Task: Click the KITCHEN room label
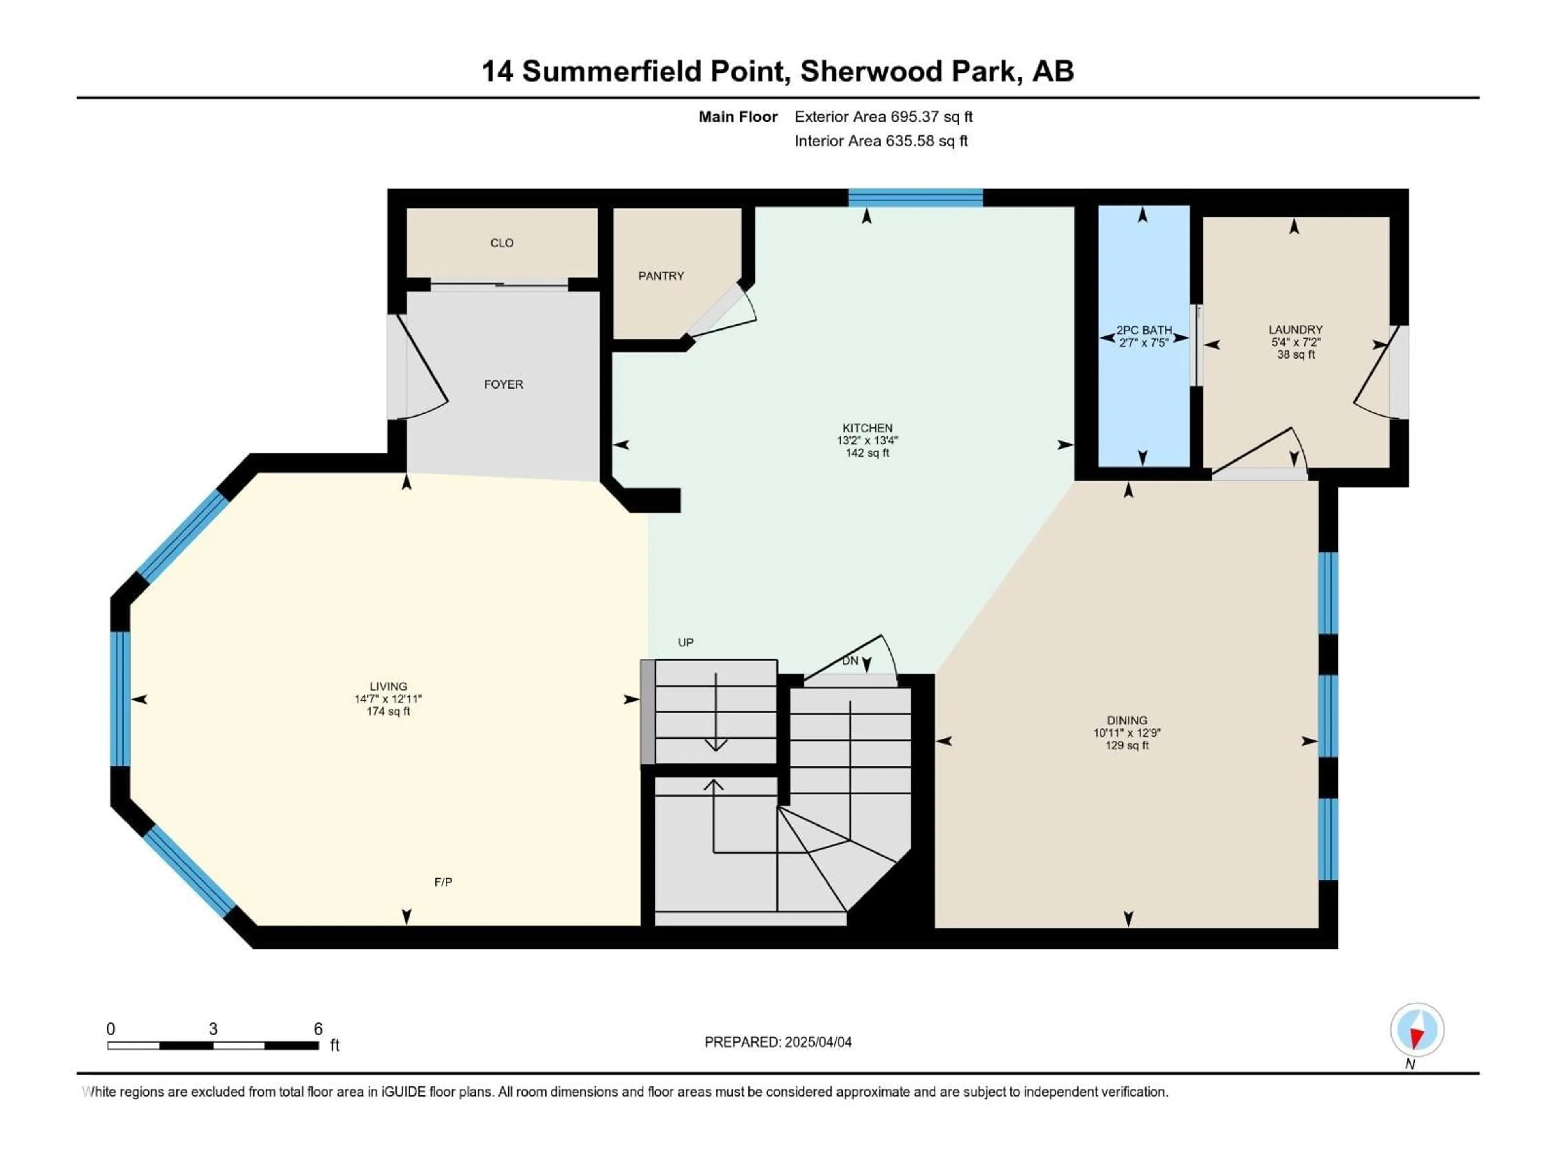point(867,428)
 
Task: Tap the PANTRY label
point(661,276)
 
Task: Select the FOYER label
point(503,384)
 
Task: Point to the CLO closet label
point(502,243)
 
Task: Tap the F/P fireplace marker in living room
point(443,882)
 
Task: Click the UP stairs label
point(686,642)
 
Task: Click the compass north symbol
point(1417,1031)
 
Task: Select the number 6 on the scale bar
point(318,1029)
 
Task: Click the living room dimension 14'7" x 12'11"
point(388,699)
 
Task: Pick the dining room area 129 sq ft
point(1127,745)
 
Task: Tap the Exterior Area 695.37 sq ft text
point(884,117)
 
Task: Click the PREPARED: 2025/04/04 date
point(778,1042)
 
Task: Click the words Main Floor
point(738,117)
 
